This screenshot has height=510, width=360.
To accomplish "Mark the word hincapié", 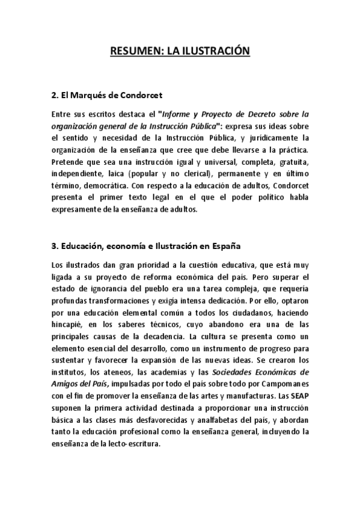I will click(69, 325).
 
